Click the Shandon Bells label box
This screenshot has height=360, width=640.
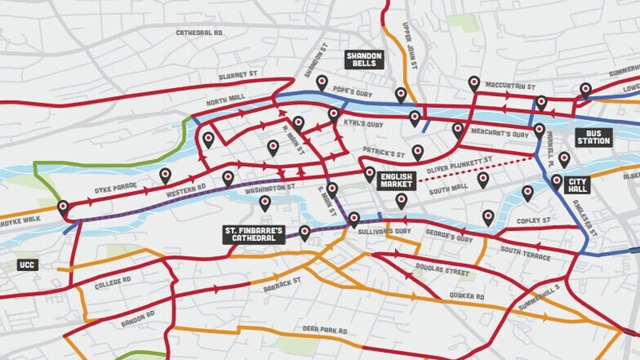click(364, 58)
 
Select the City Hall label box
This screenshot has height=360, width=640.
click(578, 185)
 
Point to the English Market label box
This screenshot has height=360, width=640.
click(396, 179)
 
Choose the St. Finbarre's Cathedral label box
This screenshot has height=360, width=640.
click(254, 234)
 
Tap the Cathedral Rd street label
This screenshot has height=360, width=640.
click(199, 33)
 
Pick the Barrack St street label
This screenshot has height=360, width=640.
click(285, 282)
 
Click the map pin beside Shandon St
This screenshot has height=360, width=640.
click(322, 82)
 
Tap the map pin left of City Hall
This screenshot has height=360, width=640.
click(556, 181)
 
